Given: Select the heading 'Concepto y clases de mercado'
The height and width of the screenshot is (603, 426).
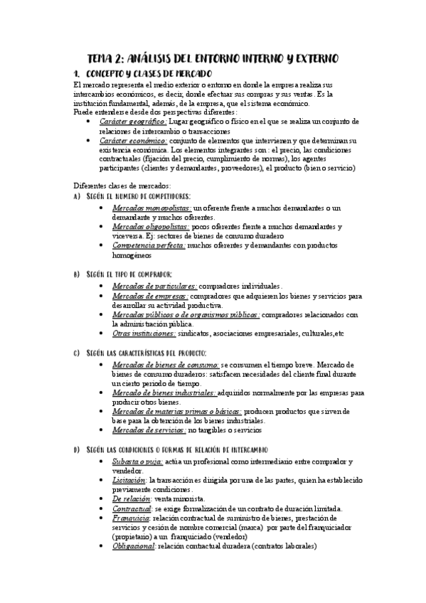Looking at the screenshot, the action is [x=149, y=74].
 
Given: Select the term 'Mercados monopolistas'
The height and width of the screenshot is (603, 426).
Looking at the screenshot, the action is [x=151, y=208].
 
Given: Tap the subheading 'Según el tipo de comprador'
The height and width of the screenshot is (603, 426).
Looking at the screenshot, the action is [x=129, y=274].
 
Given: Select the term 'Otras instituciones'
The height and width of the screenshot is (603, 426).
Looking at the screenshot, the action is [x=144, y=333].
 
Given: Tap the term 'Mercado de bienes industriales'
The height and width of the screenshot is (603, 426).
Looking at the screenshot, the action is [x=164, y=392].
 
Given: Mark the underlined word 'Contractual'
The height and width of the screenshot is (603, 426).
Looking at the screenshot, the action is [x=132, y=508].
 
